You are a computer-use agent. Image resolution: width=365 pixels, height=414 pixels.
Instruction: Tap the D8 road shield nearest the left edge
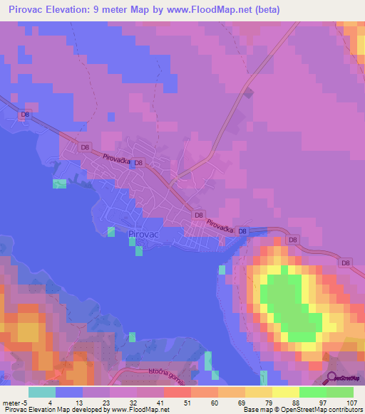tap(26, 114)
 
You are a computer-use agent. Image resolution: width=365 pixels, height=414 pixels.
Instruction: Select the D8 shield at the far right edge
tap(346, 263)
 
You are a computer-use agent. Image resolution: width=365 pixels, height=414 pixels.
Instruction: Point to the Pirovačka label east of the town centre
tap(221, 225)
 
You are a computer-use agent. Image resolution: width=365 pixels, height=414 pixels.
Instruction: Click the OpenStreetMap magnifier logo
tap(331, 378)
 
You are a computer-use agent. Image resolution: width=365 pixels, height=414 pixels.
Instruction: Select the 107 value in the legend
tap(349, 403)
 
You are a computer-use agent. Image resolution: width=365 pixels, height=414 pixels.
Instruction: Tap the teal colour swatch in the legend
tap(42, 392)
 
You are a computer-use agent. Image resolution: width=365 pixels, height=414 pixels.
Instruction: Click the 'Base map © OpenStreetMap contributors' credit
tap(302, 410)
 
